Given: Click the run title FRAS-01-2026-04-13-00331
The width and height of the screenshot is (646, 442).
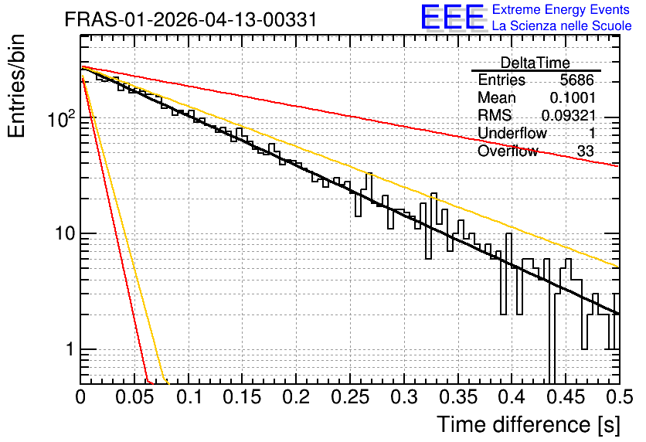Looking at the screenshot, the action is (191, 19).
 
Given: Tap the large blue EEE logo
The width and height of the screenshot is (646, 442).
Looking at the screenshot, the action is (453, 18).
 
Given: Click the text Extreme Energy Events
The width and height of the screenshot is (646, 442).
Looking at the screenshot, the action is (561, 9).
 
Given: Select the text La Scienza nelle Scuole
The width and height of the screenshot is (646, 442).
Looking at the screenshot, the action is (562, 26).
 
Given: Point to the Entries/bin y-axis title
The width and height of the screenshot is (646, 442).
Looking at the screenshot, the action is (16, 86).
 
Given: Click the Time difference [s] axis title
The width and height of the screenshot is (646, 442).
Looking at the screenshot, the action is (529, 424).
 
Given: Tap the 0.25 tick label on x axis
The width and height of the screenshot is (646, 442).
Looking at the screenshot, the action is (350, 397).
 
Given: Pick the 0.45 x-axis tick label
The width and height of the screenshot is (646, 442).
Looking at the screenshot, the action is (566, 397).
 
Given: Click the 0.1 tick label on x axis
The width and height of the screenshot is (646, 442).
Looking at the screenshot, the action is (190, 397).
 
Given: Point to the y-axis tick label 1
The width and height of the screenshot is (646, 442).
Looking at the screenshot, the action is (70, 349).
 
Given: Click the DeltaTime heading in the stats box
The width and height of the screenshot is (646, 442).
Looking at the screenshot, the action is (535, 63).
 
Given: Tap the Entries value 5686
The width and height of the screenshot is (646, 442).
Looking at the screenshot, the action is (576, 80).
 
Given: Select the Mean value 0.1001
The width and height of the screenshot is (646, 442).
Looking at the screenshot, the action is (573, 97).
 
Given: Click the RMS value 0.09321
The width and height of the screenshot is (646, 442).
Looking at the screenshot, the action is (569, 115).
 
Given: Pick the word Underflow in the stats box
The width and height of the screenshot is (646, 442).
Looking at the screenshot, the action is (512, 133).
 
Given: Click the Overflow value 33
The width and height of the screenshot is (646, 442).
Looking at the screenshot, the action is (586, 151).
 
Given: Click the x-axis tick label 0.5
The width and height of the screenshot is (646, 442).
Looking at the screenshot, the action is (619, 397).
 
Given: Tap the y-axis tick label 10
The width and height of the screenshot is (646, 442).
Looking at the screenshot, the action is (65, 233).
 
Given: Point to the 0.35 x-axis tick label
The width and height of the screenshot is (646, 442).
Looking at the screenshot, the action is (458, 397).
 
